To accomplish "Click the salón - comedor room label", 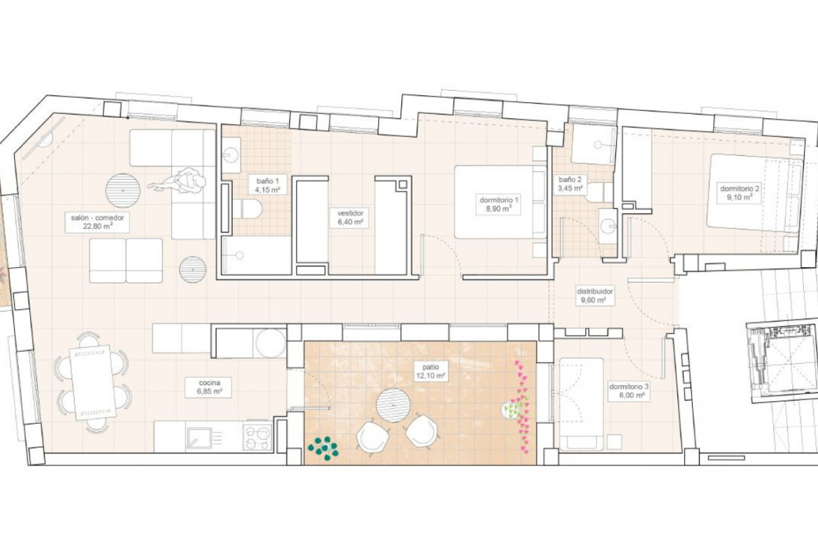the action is coord(98,218).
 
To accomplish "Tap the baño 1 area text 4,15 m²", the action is coord(268,190).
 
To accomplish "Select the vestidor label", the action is coord(350,213).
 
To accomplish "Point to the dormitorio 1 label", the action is coord(499,200).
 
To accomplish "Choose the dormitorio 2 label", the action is coord(740,188).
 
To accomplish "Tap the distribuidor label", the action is coord(594,291).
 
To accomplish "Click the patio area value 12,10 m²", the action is coord(431,376).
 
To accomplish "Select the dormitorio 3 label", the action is coord(629,387).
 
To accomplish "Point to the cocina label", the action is coord(210,383).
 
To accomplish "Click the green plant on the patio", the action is coord(324,448).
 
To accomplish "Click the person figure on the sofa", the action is coord(178,182).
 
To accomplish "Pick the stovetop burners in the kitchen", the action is coord(258,437).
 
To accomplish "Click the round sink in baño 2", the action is coord(608,226).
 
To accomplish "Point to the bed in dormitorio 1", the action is coord(501,202).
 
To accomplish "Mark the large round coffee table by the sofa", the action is coord(123,190).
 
